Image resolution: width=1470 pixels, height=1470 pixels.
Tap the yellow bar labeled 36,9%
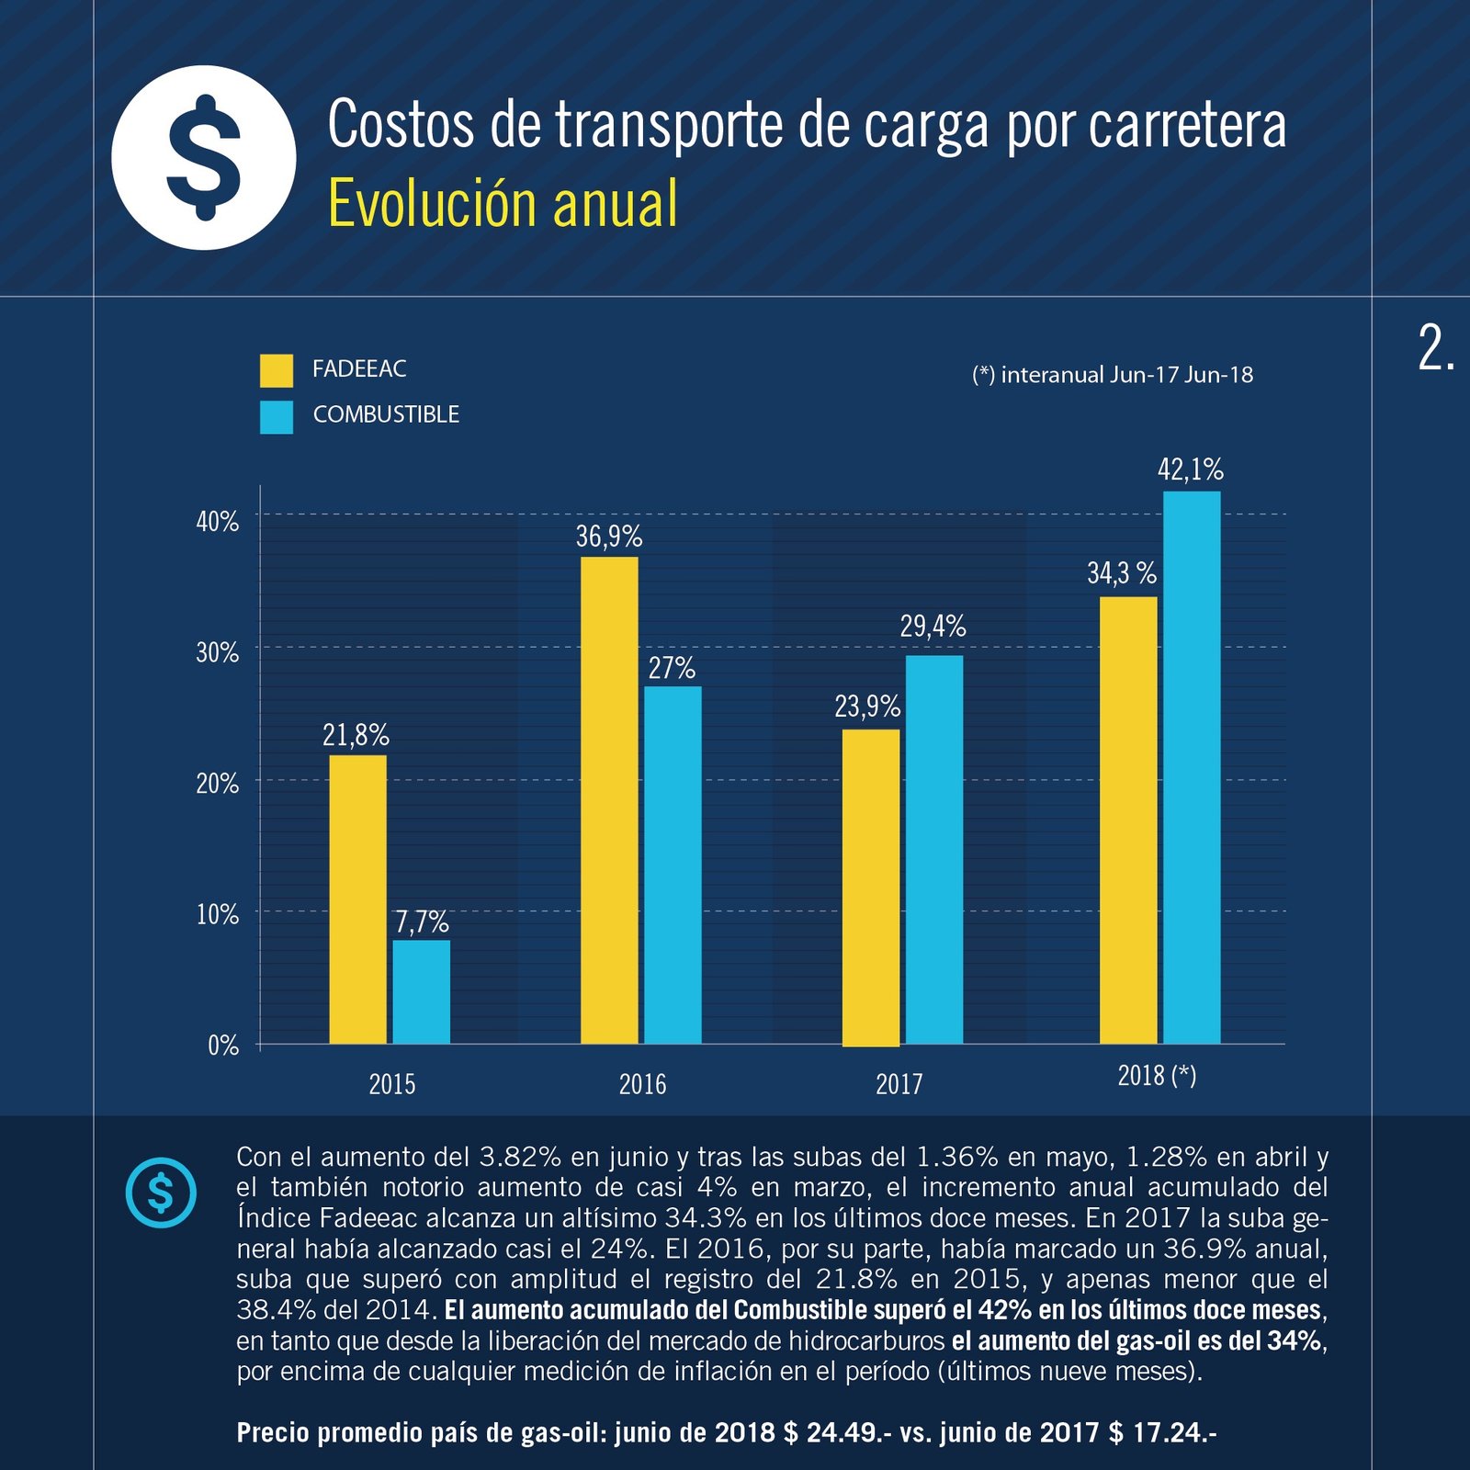[608, 799]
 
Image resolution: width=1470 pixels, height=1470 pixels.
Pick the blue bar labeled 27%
[672, 864]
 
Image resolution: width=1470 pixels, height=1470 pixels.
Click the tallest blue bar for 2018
[1191, 767]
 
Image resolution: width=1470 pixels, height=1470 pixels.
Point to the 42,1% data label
[1190, 470]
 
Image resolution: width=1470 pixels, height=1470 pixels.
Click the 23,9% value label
[866, 707]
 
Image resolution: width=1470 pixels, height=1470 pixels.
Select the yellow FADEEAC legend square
[276, 370]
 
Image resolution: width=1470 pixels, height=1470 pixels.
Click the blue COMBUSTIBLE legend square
[276, 416]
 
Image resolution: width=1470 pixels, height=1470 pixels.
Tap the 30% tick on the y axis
[218, 652]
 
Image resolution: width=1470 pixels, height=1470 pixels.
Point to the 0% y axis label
[223, 1046]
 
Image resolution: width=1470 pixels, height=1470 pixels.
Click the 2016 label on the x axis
[642, 1084]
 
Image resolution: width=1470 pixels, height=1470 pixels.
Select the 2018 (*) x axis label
[1157, 1075]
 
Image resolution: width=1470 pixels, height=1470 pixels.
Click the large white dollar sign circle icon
[204, 157]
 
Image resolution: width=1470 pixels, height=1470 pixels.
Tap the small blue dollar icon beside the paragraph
[161, 1193]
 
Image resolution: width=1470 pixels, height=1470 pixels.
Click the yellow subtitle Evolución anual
[503, 203]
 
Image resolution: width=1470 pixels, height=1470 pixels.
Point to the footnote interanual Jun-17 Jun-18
[1113, 375]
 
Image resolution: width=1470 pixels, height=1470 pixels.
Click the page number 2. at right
[1436, 349]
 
